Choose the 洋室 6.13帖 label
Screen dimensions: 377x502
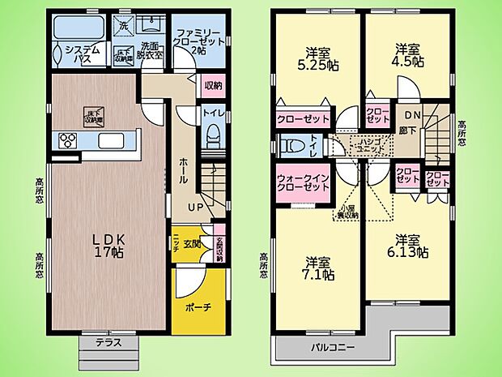[411, 246]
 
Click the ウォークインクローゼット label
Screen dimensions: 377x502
[303, 182]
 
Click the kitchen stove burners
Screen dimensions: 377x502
[66, 141]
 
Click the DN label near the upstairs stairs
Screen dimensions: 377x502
[411, 117]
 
